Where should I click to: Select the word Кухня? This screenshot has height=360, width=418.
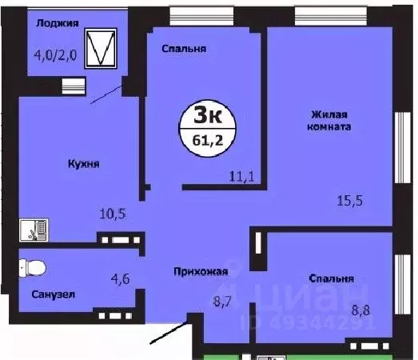[83, 162]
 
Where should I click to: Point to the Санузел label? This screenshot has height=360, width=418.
[54, 294]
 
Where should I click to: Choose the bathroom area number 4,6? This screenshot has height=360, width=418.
[121, 279]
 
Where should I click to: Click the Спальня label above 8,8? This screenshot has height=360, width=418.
[331, 279]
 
